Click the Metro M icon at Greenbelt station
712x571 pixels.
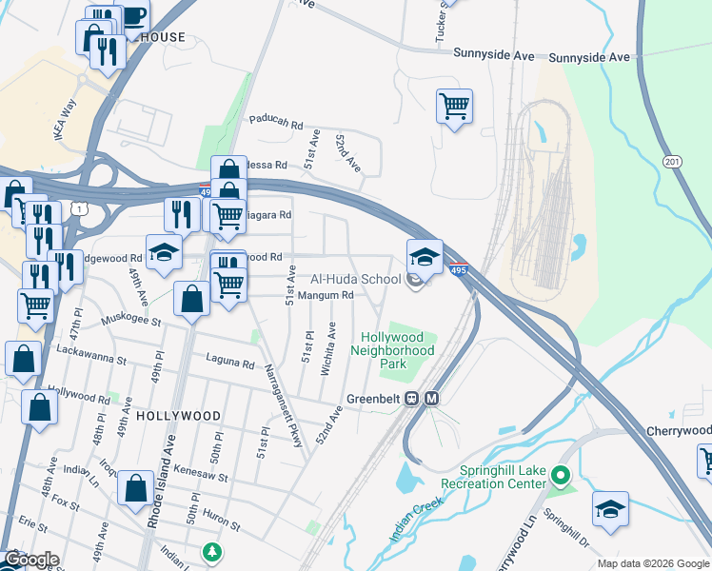tap(431, 398)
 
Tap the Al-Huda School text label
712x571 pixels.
tap(356, 280)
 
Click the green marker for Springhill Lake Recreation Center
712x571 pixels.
tap(561, 474)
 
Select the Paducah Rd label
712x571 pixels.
tap(275, 123)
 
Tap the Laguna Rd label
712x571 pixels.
tap(230, 363)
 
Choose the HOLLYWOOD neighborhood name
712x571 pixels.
tap(178, 416)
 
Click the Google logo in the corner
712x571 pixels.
tap(31, 560)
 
